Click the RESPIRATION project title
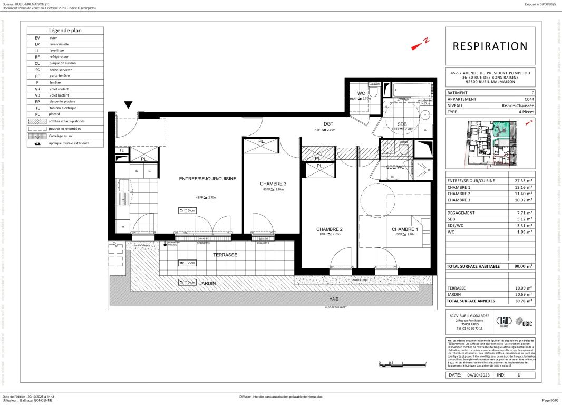pos(490,46)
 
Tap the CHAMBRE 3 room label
pos(273,184)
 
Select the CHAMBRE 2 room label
pos(330,229)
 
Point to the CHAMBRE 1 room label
pos(405,229)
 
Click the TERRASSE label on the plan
pos(225,255)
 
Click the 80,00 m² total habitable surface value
pos(523,267)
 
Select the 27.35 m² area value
pos(523,181)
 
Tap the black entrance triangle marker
pos(129,105)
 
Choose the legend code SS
pos(37,70)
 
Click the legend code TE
pos(37,108)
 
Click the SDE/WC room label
pos(395,167)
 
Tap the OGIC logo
pos(521,321)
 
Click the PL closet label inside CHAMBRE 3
pos(261,142)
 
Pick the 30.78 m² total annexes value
pos(523,301)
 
